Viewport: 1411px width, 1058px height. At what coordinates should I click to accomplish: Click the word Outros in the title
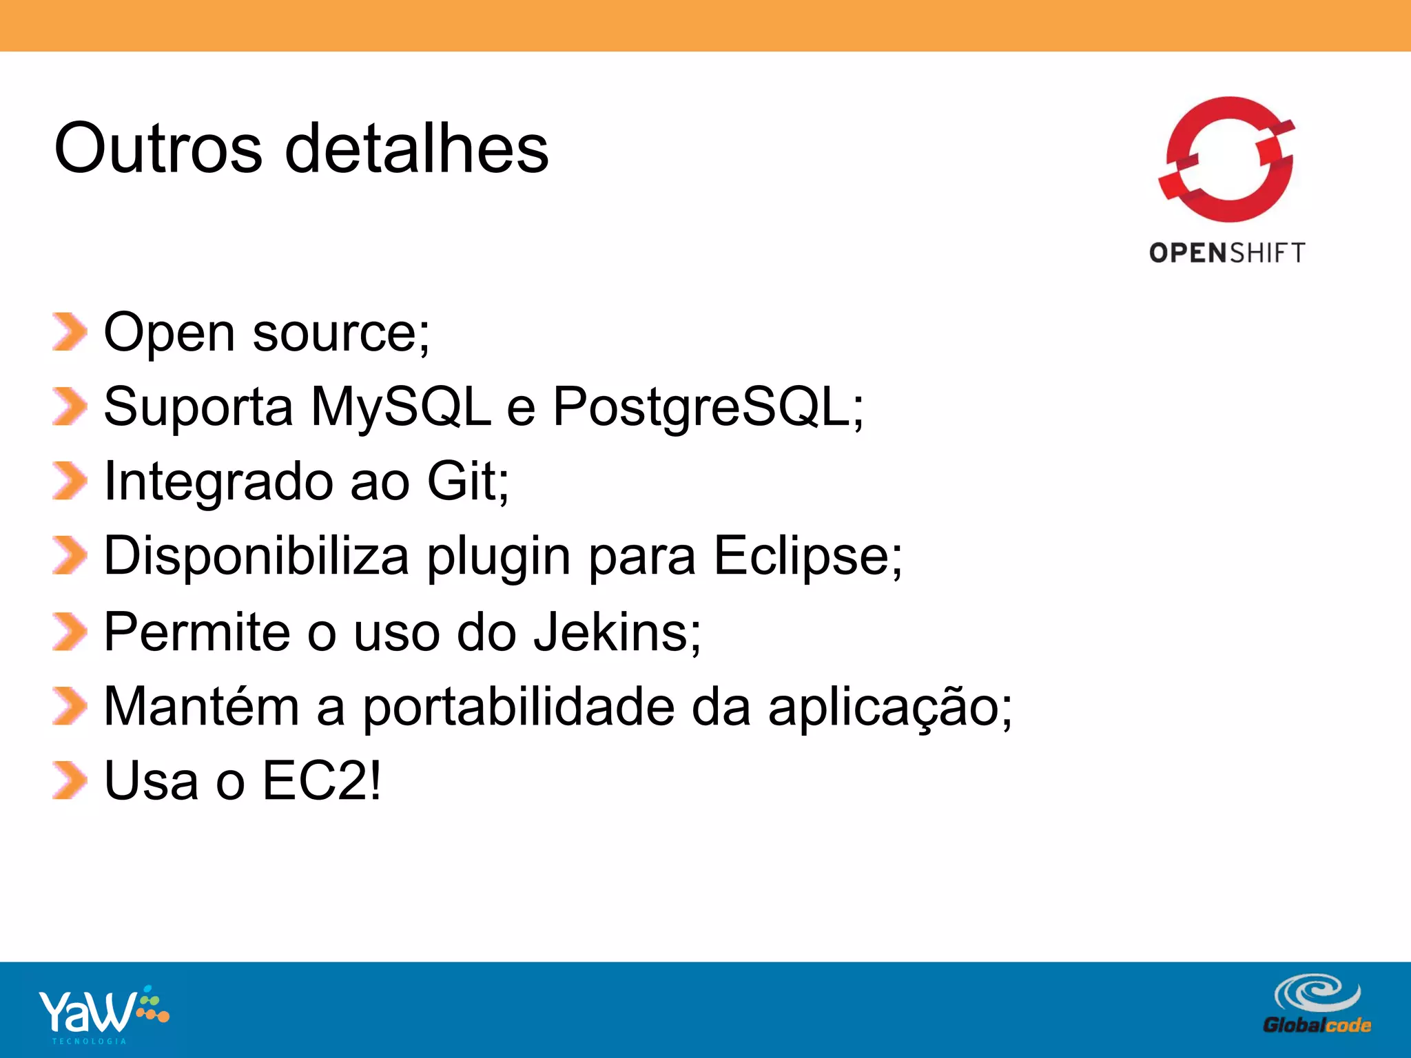pyautogui.click(x=158, y=148)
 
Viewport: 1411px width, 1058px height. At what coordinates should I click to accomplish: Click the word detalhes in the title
pyautogui.click(x=417, y=148)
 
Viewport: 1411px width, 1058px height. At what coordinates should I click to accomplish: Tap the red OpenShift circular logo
pyautogui.click(x=1227, y=160)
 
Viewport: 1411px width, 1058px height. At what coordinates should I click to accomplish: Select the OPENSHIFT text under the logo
pyautogui.click(x=1227, y=253)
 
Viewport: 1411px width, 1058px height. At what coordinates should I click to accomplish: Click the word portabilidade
pyautogui.click(x=519, y=707)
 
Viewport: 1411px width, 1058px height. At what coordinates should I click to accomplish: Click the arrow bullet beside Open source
pyautogui.click(x=70, y=332)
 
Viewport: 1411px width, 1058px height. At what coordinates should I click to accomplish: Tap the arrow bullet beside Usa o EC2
pyautogui.click(x=70, y=781)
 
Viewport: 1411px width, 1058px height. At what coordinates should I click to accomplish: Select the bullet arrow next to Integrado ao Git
pyautogui.click(x=70, y=481)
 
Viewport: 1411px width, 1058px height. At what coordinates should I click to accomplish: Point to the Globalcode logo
pyautogui.click(x=1317, y=1004)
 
